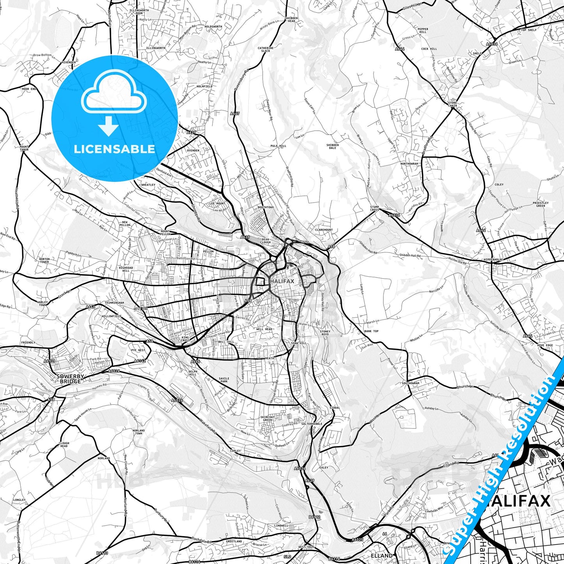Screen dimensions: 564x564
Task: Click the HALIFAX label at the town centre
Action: click(x=282, y=281)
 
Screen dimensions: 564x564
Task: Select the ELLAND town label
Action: click(x=382, y=555)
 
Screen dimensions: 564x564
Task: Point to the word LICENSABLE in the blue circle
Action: click(x=114, y=149)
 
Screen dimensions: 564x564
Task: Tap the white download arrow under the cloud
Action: click(x=109, y=126)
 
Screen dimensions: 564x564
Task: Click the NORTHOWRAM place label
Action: click(x=409, y=164)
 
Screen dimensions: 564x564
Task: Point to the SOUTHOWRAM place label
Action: click(x=410, y=383)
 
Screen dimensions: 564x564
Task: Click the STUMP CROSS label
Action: click(x=375, y=208)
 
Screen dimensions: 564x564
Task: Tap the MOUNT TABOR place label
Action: click(x=24, y=148)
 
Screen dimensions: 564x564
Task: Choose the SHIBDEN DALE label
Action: click(x=333, y=146)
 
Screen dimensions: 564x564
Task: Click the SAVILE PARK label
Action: click(x=224, y=380)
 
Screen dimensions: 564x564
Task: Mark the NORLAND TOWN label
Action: click(x=139, y=432)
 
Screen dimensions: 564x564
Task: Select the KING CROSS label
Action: click(x=185, y=339)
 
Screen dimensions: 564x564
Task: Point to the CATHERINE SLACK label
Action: click(x=265, y=50)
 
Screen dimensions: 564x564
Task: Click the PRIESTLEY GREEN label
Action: click(x=541, y=204)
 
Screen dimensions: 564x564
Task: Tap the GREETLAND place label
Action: click(x=234, y=541)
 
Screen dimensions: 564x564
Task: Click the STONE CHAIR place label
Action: click(x=452, y=104)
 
